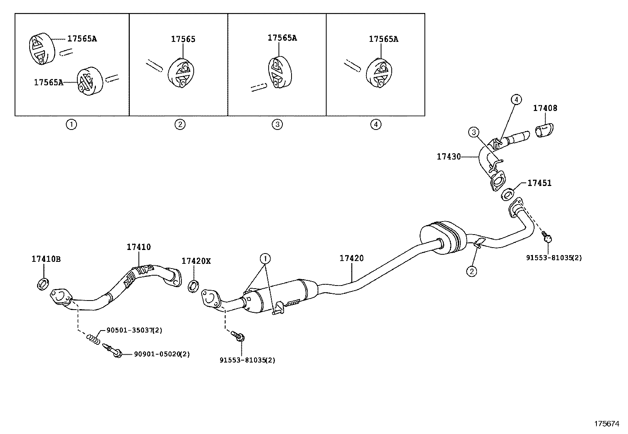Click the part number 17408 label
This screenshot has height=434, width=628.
[x=545, y=108]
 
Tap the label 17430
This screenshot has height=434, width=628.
[x=449, y=157]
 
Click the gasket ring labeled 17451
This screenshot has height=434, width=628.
[x=508, y=194]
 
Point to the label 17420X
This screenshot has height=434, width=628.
[x=196, y=261]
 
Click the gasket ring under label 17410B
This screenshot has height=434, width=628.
[x=43, y=284]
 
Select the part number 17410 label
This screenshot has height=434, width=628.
[x=138, y=247]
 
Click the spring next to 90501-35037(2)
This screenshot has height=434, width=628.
[x=93, y=339]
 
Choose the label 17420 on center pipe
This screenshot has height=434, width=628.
[x=351, y=258]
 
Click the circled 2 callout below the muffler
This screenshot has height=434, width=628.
[x=472, y=271]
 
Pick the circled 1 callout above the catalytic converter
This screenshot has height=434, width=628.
[x=265, y=259]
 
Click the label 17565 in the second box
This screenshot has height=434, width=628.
[x=183, y=39]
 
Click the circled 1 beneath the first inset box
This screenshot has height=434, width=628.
[x=71, y=125]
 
